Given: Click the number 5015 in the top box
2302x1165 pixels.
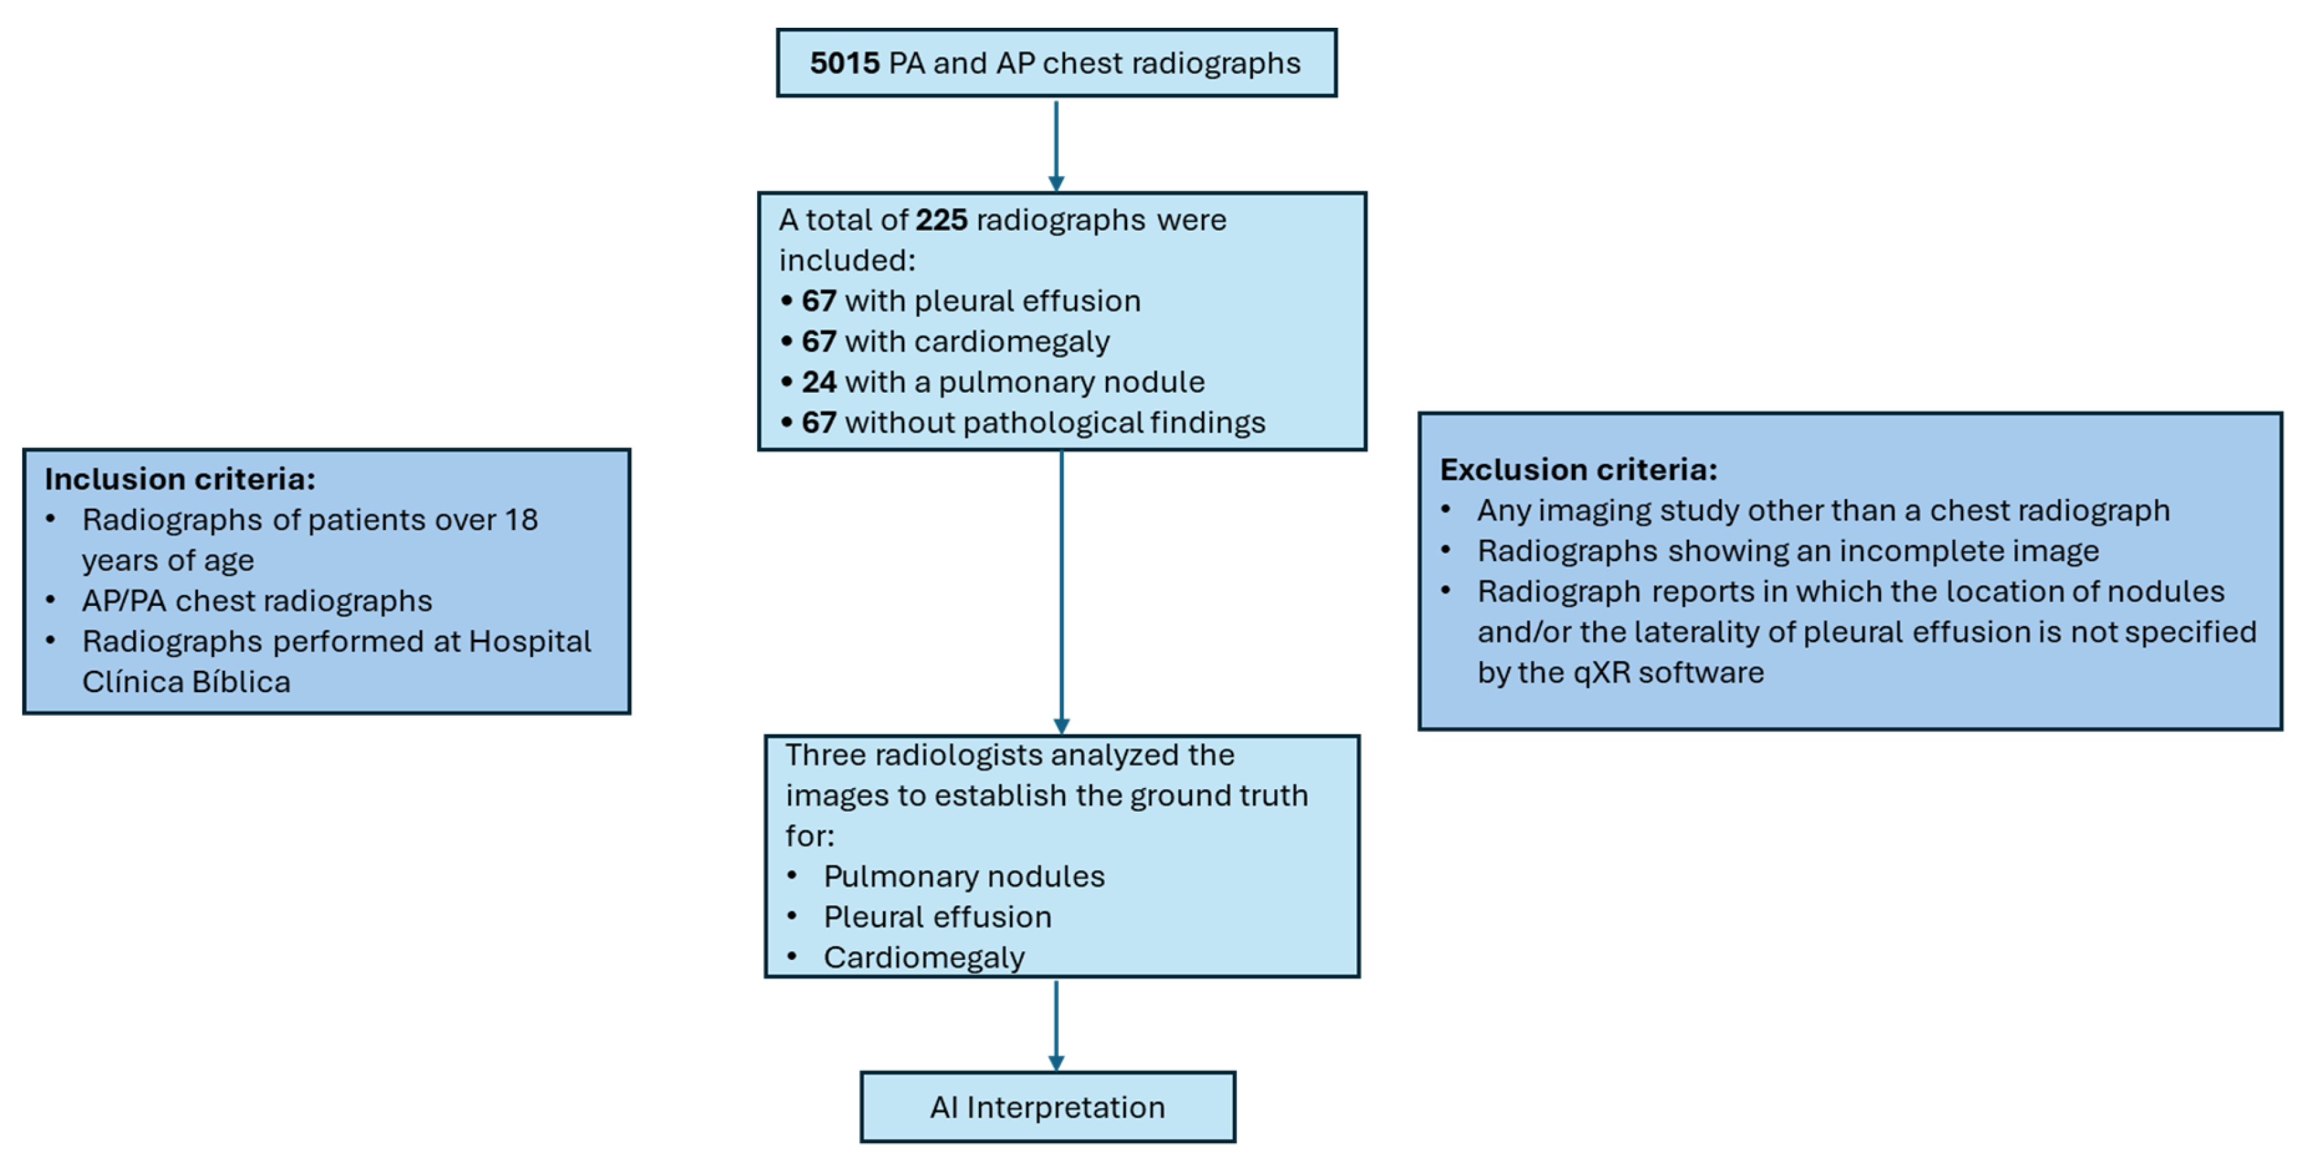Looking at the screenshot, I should (845, 64).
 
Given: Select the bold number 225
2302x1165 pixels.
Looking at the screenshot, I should (941, 220).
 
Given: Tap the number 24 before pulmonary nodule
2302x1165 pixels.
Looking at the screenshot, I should (819, 382).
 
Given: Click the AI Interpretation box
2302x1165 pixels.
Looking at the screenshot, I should (1047, 1107).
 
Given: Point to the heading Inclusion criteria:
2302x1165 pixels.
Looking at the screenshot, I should (179, 479).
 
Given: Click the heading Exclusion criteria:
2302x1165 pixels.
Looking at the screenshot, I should (1578, 470).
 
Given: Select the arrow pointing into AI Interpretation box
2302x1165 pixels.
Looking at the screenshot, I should (1056, 1027).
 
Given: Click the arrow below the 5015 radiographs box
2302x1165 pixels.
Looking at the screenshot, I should (1056, 148).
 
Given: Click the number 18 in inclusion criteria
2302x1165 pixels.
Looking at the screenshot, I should (521, 520).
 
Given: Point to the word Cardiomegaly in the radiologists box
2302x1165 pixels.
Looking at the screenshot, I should (923, 958).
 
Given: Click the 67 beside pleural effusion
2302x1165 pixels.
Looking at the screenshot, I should (819, 301).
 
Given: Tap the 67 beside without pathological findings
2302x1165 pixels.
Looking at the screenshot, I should (819, 423).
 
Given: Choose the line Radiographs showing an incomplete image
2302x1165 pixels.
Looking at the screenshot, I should (1787, 551).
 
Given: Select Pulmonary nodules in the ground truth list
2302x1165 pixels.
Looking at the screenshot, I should (963, 877).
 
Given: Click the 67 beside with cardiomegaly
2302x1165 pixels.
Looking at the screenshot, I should (819, 341).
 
